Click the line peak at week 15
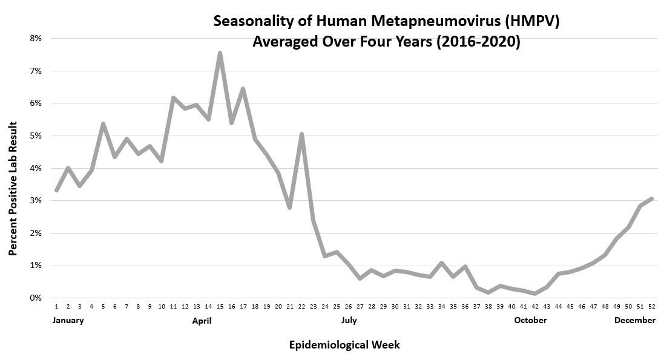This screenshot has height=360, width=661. (220, 53)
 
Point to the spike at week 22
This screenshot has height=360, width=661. (301, 134)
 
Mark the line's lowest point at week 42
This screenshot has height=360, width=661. (535, 293)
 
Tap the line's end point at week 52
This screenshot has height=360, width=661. (651, 198)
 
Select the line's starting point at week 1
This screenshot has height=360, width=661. (56, 190)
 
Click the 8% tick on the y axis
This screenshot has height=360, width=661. (35, 38)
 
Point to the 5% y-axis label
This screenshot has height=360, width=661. (35, 136)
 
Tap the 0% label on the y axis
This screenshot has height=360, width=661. (35, 298)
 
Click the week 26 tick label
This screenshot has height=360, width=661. (348, 307)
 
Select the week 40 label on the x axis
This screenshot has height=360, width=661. (511, 307)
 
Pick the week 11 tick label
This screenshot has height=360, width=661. (173, 307)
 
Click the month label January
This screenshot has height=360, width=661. (68, 320)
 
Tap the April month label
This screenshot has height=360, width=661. (202, 320)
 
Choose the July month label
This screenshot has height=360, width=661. (349, 320)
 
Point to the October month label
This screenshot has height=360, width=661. (530, 320)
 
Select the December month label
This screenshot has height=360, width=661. (634, 320)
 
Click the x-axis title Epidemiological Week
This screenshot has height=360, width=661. (344, 345)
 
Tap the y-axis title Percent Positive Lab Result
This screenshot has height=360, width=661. (13, 188)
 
